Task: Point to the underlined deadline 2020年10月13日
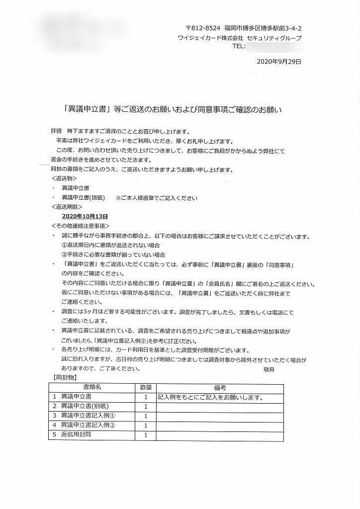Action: pos(85,217)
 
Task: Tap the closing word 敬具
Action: pos(269,369)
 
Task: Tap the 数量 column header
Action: pos(146,387)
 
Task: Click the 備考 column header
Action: pos(220,387)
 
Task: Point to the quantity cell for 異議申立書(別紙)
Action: pos(146,407)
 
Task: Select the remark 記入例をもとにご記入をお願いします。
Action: pos(210,397)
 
